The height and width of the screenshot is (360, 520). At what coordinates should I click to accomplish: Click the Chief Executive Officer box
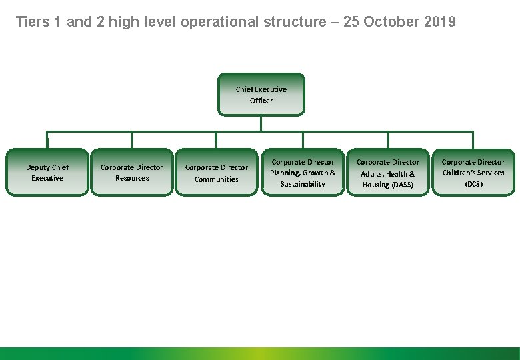[261, 95]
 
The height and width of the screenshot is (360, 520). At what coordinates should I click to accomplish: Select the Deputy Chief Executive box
[47, 173]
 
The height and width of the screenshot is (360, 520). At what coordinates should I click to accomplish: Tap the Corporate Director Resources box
[131, 173]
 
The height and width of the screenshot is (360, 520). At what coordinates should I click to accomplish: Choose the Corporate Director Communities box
[216, 173]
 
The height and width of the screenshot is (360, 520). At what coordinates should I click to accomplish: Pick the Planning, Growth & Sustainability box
[303, 173]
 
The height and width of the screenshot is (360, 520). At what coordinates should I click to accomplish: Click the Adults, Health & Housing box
[388, 173]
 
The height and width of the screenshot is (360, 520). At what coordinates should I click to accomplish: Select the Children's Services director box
[473, 173]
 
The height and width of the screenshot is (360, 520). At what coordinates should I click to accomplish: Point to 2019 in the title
[439, 22]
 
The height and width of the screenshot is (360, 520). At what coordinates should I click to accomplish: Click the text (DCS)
[473, 184]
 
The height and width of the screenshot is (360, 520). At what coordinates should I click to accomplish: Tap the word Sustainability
[303, 184]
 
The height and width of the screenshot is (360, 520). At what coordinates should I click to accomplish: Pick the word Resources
[131, 179]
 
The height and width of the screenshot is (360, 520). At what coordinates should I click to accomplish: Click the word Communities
[216, 179]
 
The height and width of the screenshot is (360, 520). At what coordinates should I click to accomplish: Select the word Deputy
[38, 167]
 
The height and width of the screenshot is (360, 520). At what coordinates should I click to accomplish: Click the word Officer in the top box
[261, 101]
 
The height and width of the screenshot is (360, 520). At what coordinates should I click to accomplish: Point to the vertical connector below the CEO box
[261, 123]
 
